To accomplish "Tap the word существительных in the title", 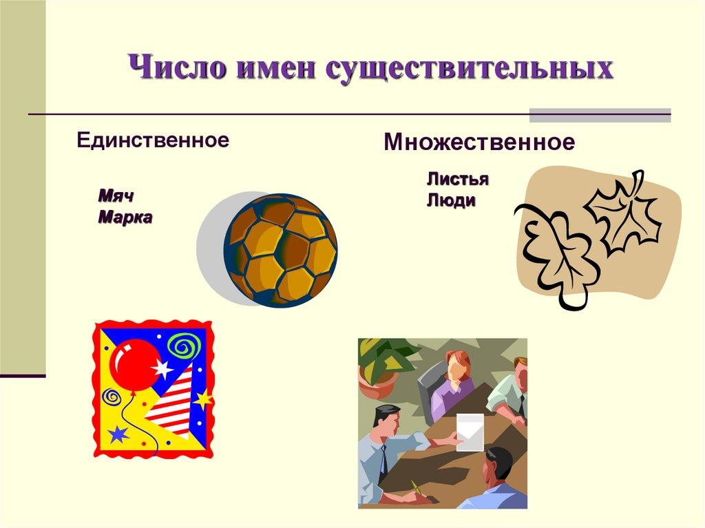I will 468,70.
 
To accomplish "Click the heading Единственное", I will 152,140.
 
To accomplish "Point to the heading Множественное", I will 478,143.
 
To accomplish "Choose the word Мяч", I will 115,196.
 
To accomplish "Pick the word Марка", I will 125,218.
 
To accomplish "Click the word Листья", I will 457,180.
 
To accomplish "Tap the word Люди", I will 451,201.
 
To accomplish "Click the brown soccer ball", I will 280,250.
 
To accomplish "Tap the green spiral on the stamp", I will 185,345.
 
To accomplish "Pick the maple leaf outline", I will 624,213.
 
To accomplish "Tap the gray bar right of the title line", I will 599,114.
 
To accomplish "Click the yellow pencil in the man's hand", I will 415,487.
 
